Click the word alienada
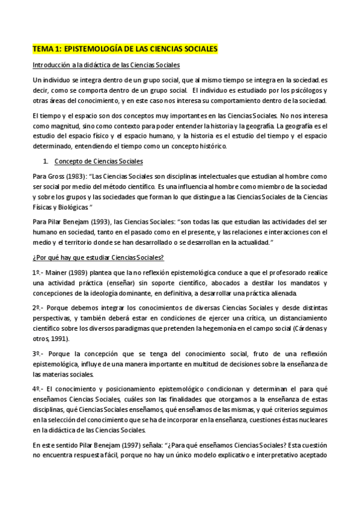(x=281, y=293)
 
